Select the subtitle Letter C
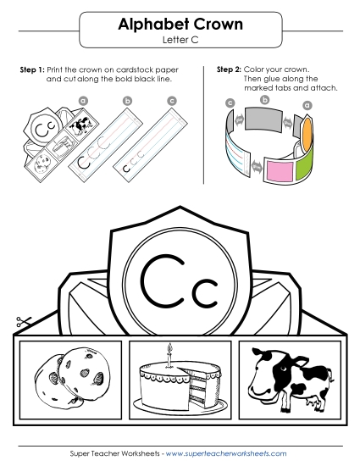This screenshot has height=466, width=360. [x=180, y=40]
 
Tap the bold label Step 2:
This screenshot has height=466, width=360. [x=230, y=68]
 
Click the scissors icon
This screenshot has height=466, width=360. [x=20, y=323]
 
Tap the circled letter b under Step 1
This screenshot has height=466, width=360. [x=127, y=100]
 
